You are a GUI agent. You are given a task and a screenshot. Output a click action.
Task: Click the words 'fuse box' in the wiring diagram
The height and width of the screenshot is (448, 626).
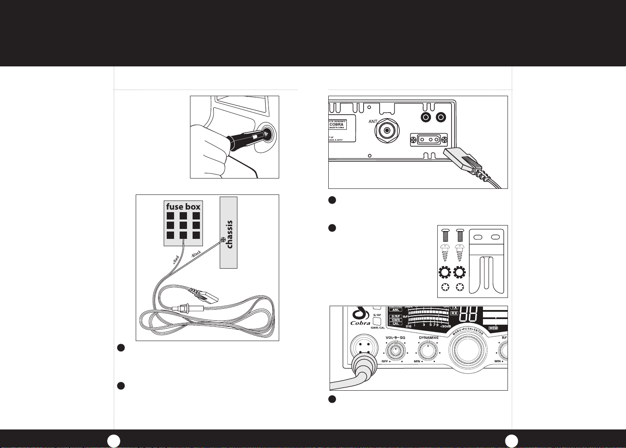pyautogui.click(x=183, y=207)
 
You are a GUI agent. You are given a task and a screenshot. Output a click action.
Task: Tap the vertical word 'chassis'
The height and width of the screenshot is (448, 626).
pyautogui.click(x=229, y=234)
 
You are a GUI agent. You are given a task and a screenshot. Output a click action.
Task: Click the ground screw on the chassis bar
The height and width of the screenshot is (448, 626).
pyautogui.click(x=223, y=240)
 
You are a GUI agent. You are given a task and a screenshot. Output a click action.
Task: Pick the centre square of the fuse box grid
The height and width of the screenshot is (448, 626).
pyautogui.click(x=183, y=225)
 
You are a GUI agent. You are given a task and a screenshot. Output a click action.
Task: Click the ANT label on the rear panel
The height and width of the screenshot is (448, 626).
pyautogui.click(x=373, y=122)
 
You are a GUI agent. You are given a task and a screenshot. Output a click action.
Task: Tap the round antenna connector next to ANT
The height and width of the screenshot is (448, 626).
pyautogui.click(x=388, y=130)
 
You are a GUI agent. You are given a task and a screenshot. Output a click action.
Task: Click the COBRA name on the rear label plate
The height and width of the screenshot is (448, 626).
pyautogui.click(x=336, y=125)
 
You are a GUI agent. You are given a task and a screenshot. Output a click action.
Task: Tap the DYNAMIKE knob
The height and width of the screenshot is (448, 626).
pyautogui.click(x=427, y=350)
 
